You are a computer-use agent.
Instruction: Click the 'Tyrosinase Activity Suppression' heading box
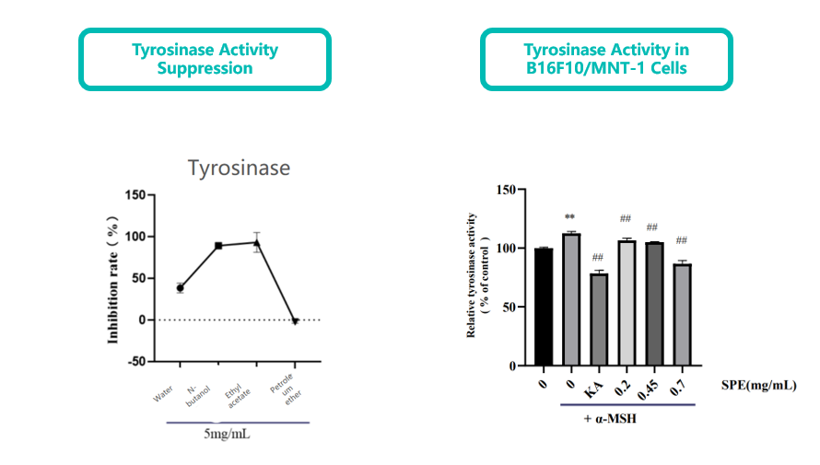coord(205,59)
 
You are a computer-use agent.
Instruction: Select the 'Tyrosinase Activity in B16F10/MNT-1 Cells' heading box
coord(606,59)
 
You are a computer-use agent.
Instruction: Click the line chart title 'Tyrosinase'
coord(239,169)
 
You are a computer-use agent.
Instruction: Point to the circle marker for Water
coord(181,288)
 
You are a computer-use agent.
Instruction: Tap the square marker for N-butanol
coord(218,246)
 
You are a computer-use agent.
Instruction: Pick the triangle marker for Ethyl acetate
coord(257,243)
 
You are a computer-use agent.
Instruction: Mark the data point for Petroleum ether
coord(296,321)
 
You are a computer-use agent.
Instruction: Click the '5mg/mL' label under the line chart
coord(227,433)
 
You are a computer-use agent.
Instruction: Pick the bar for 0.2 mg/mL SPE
coord(626,303)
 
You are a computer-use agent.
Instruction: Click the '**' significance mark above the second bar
coord(570,220)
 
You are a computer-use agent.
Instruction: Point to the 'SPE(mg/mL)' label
coord(759,387)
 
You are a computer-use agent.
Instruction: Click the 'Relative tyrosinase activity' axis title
coord(472,275)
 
